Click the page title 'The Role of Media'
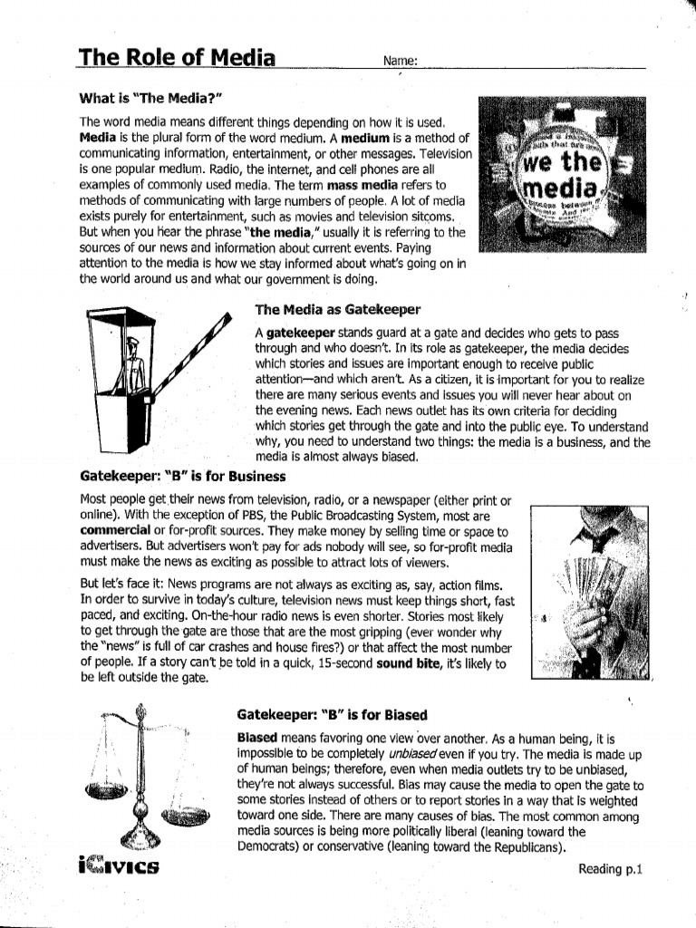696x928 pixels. [177, 58]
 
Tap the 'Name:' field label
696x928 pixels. [400, 61]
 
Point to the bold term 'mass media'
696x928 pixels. [358, 184]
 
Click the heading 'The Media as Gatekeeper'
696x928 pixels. [332, 310]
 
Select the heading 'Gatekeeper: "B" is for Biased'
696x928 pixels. [332, 714]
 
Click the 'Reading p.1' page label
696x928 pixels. [610, 868]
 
